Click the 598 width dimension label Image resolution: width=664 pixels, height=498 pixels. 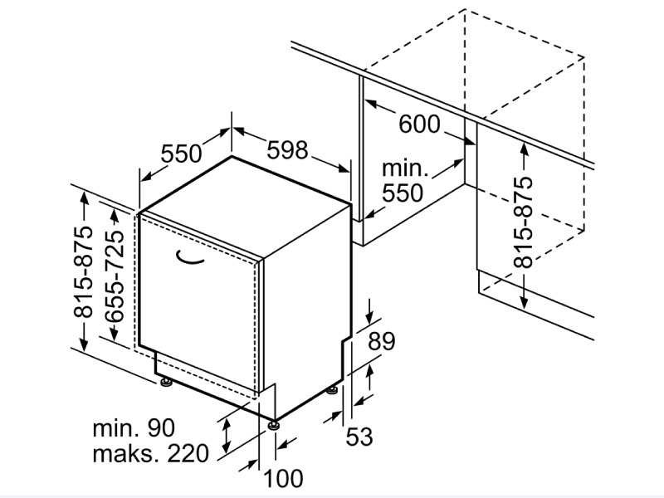tap(287, 150)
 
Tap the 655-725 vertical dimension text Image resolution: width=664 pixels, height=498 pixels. tap(114, 276)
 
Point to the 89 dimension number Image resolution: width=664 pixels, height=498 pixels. tap(381, 341)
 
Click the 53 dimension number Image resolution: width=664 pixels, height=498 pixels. tap(359, 437)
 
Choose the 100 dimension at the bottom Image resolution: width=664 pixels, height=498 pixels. tap(283, 478)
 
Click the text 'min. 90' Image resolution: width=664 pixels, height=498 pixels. tap(134, 427)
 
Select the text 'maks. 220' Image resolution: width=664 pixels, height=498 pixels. tap(150, 453)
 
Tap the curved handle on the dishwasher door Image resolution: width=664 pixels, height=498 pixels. tap(189, 257)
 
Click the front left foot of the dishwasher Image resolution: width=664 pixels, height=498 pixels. tap(166, 382)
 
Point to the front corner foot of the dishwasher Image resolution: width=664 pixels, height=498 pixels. tap(273, 425)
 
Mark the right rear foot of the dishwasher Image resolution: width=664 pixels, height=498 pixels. tap(332, 389)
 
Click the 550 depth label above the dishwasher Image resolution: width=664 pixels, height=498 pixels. tap(181, 154)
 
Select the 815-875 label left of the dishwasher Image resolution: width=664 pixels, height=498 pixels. tap(83, 272)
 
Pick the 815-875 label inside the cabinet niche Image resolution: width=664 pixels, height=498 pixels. tap(523, 222)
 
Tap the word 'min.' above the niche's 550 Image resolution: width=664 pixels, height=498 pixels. tap(405, 168)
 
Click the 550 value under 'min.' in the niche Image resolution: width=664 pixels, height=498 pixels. tap(403, 193)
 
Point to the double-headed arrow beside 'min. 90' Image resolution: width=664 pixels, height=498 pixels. tap(227, 435)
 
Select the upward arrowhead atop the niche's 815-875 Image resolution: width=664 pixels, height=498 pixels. tap(524, 149)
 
